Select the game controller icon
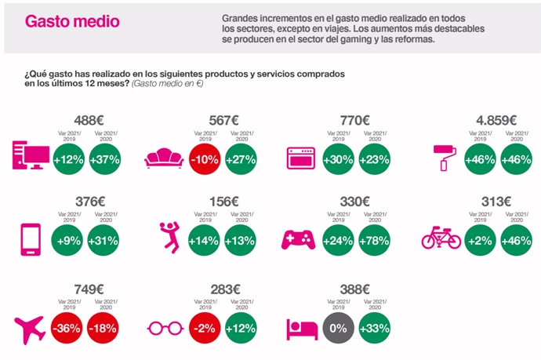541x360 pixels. pos(297,238)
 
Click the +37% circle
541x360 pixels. pos(105,158)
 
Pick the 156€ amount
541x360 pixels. pos(223,202)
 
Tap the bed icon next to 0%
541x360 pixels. pos(299,327)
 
